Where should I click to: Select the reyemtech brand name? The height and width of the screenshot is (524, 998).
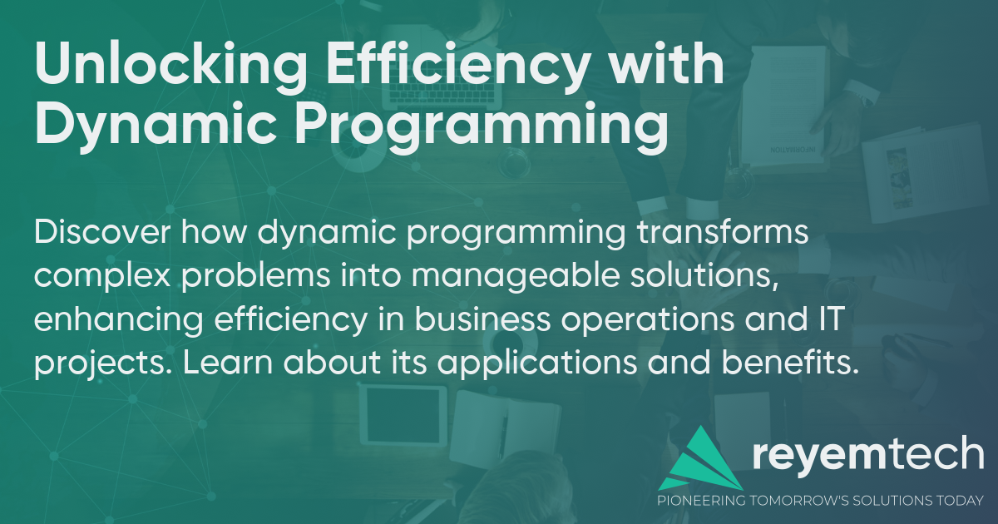point(867,457)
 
